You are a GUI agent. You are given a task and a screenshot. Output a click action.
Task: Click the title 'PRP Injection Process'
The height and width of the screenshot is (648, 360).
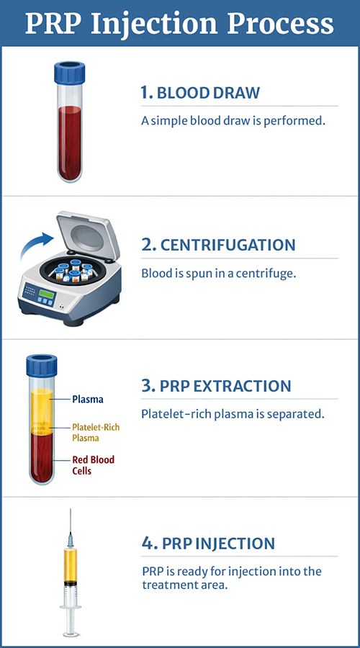[180, 23]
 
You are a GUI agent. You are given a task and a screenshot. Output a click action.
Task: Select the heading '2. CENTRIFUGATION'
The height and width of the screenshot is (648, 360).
[218, 245]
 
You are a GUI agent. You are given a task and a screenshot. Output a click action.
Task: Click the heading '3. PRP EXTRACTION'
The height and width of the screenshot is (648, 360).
[216, 386]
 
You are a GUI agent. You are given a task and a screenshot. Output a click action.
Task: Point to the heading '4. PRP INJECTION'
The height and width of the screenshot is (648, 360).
[208, 543]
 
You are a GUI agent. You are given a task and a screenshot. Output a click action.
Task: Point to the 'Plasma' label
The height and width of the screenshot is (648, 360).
[87, 399]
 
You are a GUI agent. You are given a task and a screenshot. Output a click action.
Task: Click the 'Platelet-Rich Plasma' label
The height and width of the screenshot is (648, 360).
[95, 433]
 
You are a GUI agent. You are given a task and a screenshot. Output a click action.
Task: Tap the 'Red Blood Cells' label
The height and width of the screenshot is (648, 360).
[93, 465]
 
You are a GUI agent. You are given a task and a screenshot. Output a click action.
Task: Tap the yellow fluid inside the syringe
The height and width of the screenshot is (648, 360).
[70, 569]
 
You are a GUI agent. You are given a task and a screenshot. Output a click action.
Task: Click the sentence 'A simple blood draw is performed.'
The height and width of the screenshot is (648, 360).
[233, 120]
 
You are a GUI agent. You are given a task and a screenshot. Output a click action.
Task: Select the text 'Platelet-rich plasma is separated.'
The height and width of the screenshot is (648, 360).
[233, 414]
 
